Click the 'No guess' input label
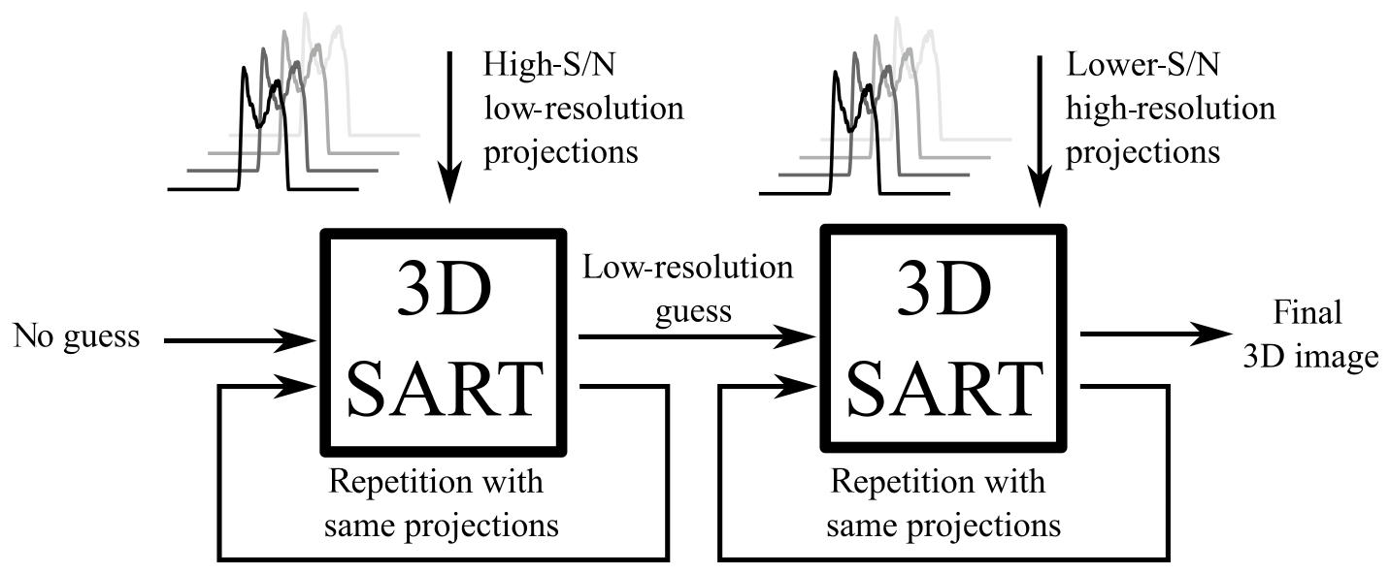77,338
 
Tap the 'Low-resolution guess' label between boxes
687,290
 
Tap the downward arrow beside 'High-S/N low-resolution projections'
447,126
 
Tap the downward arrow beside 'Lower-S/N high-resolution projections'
1040,126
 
